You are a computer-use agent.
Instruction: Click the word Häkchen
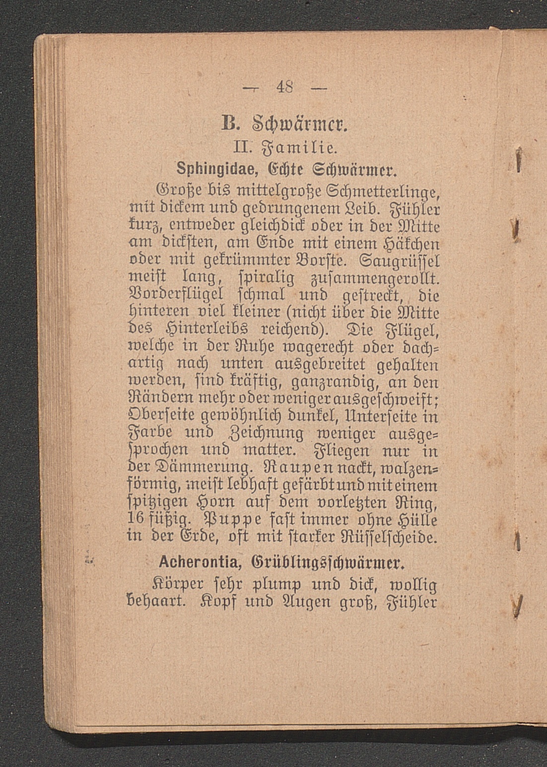pyautogui.click(x=410, y=244)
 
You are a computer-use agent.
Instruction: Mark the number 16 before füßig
pyautogui.click(x=136, y=520)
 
